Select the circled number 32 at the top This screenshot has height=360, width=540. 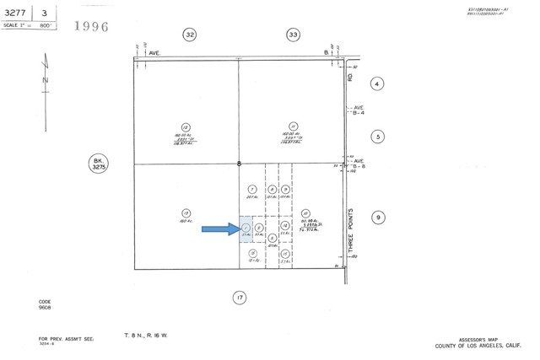(190, 35)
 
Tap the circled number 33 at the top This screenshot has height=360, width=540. (293, 35)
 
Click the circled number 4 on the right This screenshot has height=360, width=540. (378, 83)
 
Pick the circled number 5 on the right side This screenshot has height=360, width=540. (379, 136)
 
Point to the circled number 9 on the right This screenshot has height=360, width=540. (379, 218)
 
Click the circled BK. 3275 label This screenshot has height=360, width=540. (99, 164)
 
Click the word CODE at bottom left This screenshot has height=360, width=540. (45, 301)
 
